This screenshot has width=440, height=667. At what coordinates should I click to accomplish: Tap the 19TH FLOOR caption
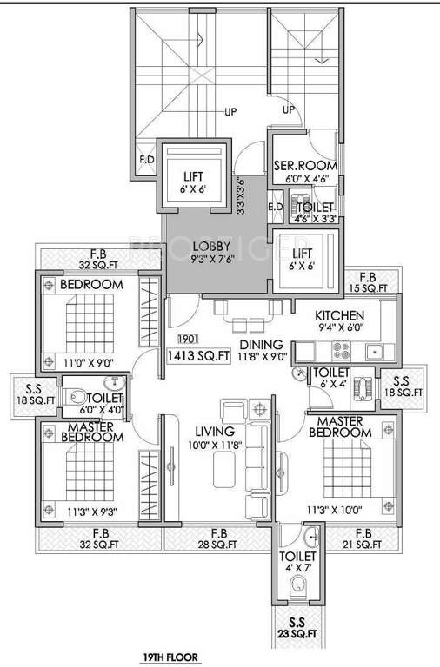tap(171, 658)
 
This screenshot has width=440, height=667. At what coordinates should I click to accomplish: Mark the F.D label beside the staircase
tap(145, 161)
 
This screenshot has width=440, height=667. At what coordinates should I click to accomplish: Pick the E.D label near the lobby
tap(276, 207)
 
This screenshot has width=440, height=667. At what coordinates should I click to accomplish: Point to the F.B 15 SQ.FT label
tap(374, 281)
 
